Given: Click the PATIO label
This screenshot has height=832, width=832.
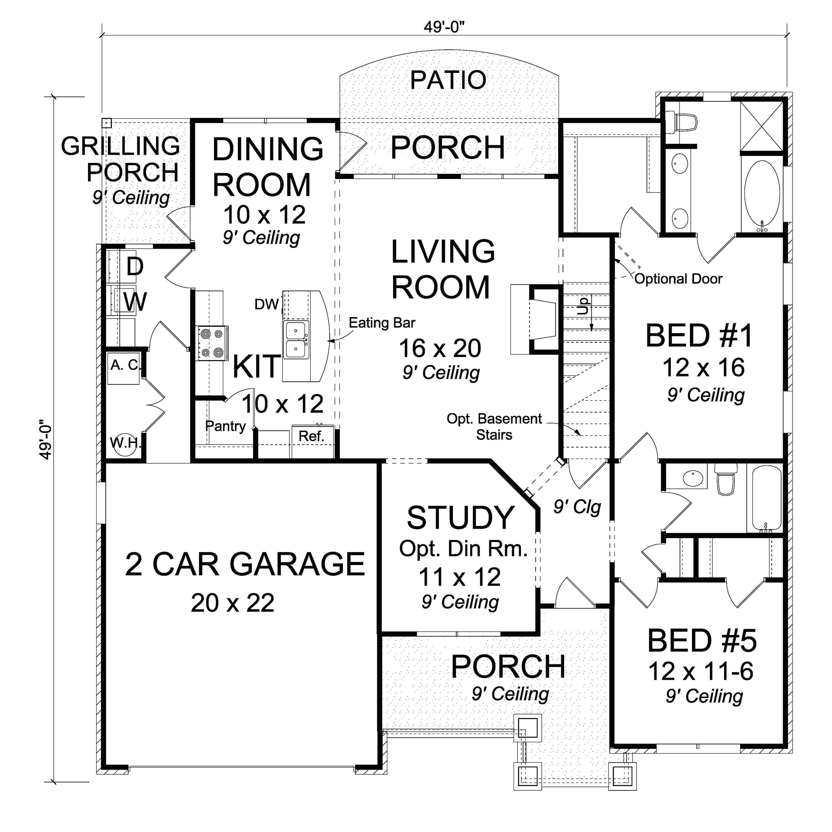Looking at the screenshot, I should [448, 80].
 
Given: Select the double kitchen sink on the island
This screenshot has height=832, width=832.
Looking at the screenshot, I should [296, 340].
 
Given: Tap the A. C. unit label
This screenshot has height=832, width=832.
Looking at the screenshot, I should [125, 365].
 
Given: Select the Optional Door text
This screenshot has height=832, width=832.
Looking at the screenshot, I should [678, 279].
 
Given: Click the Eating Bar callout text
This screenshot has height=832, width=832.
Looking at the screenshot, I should [382, 323].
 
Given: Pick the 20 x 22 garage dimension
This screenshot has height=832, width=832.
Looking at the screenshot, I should [233, 603].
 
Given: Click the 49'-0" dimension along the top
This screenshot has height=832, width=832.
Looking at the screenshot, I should [444, 27].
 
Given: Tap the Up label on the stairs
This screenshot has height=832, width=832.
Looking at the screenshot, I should [584, 305].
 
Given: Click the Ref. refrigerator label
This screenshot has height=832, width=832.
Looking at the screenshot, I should [311, 436].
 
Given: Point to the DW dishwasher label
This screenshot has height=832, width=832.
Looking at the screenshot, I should [266, 304].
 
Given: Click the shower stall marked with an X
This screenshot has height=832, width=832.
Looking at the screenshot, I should [761, 126].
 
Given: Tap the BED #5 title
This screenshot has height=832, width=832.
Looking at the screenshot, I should [702, 641].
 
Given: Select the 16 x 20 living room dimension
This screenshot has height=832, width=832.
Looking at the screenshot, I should [440, 348].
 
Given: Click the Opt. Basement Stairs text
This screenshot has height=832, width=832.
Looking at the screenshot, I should [494, 426].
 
